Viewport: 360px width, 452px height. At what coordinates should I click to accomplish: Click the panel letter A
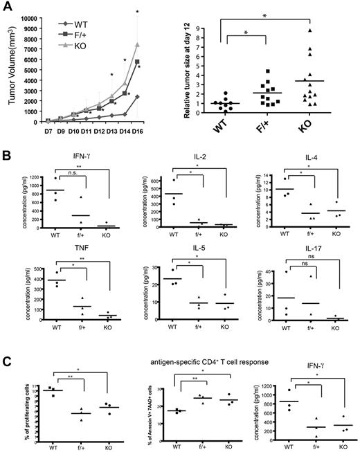click(x=7, y=8)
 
